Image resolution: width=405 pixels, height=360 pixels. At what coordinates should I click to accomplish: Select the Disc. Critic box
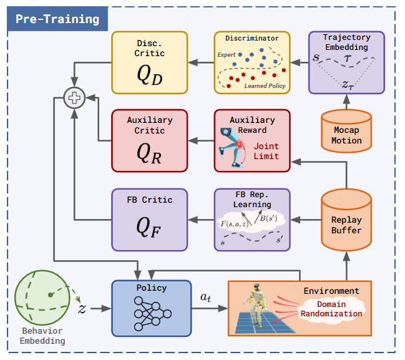[149, 62]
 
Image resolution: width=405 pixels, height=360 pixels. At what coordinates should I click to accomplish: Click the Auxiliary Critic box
[149, 140]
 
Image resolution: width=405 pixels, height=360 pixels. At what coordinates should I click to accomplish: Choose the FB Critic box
[149, 218]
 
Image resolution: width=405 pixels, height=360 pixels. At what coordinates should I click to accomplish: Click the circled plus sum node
[74, 97]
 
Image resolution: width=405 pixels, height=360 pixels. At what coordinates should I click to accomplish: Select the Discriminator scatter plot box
[252, 62]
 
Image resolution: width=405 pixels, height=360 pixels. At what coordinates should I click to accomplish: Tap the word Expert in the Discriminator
[226, 55]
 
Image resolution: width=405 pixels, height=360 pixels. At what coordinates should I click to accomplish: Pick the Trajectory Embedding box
[346, 62]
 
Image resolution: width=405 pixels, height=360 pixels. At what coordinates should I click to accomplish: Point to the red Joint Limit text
[266, 152]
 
